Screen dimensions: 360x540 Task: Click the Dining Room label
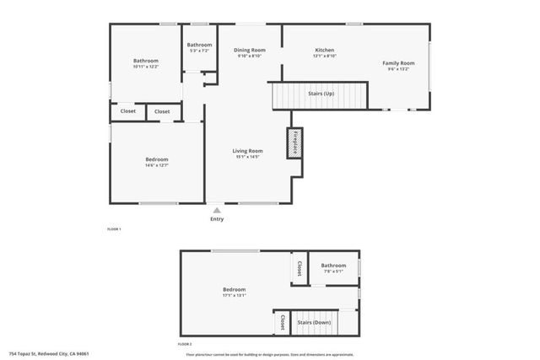(250, 51)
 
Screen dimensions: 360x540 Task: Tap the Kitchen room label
(325, 51)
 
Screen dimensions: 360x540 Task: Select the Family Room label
(398, 64)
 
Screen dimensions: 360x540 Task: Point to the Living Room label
(248, 152)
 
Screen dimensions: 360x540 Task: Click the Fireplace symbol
(295, 142)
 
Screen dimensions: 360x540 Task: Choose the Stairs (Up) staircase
(320, 94)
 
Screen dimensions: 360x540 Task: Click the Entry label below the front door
(218, 219)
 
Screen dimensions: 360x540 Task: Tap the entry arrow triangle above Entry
(218, 209)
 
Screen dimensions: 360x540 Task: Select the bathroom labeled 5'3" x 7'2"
(199, 47)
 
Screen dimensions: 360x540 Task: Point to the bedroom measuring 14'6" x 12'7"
(156, 162)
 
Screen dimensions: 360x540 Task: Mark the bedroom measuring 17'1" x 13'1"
(234, 292)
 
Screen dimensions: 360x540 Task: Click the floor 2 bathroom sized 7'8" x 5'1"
(333, 268)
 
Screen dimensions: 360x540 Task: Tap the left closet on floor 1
(128, 111)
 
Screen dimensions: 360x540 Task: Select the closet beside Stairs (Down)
(282, 322)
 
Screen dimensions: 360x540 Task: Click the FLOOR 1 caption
(114, 229)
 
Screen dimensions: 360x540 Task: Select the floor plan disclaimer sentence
(269, 354)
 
